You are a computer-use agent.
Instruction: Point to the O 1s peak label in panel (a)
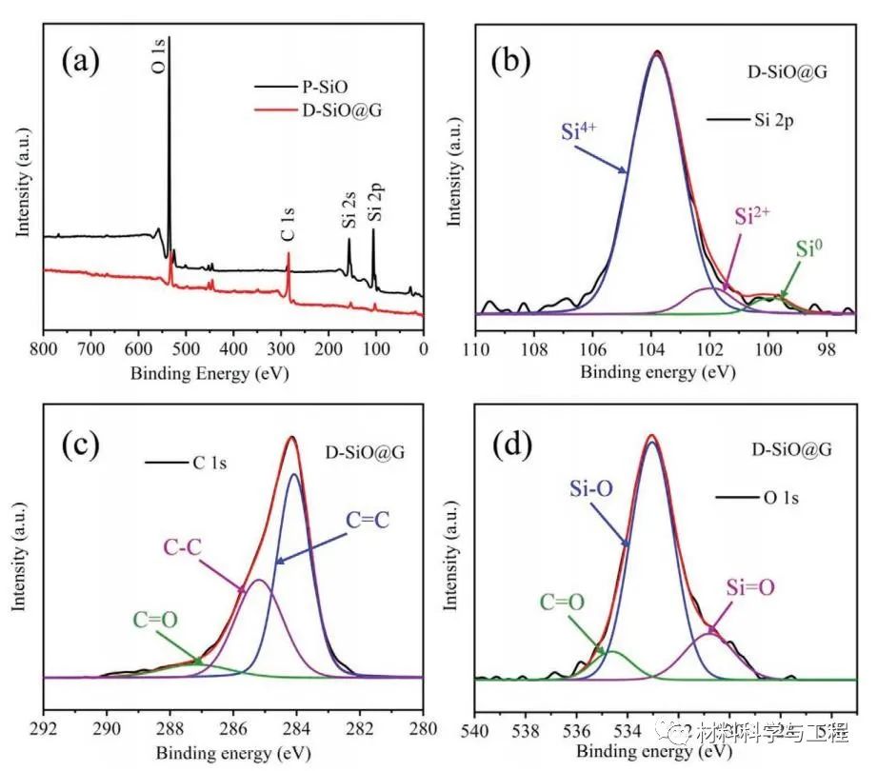pos(158,53)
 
